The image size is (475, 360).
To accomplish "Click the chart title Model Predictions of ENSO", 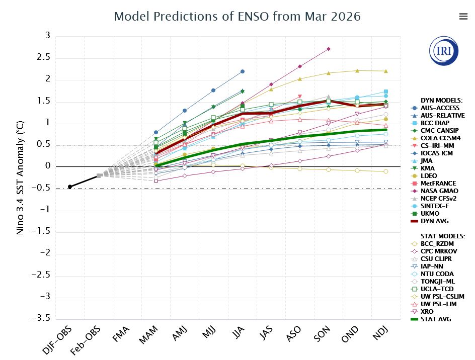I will (238, 16).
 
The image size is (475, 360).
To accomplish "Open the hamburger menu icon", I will (463, 16).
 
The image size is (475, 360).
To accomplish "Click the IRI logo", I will (444, 51).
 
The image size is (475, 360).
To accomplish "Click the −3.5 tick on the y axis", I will (41, 319).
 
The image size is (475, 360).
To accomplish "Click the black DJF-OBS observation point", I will (70, 187).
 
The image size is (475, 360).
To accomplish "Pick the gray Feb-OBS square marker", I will (99, 175).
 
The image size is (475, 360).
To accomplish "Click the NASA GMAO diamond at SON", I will (329, 49).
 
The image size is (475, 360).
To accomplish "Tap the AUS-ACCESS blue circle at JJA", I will (243, 71).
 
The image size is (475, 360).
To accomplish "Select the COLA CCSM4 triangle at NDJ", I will (386, 71).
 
